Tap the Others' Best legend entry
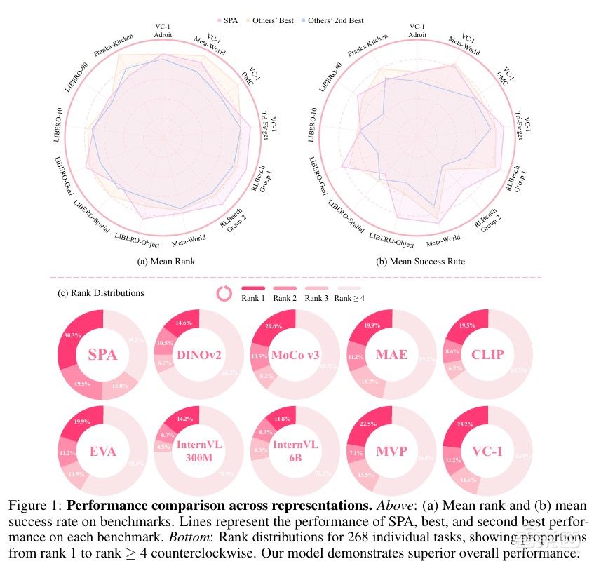click(x=278, y=21)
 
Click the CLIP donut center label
click(x=487, y=354)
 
